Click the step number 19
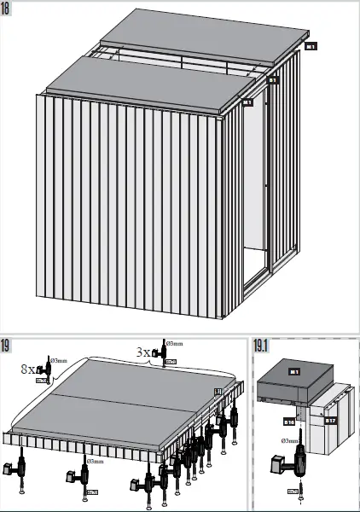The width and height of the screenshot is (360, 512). pyautogui.click(x=7, y=346)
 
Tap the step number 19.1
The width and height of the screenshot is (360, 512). pyautogui.click(x=261, y=346)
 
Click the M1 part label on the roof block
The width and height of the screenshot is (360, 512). pyautogui.click(x=293, y=372)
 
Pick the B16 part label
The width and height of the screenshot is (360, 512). pyautogui.click(x=288, y=421)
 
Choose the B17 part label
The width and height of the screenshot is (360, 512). pyautogui.click(x=330, y=420)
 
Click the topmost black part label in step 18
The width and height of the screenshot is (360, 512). pyautogui.click(x=311, y=46)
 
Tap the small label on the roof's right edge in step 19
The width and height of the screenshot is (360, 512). pyautogui.click(x=218, y=391)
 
